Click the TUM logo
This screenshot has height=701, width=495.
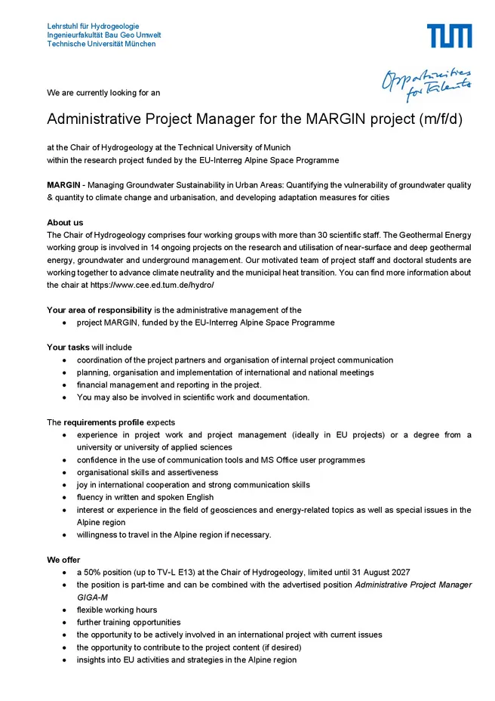coord(449,36)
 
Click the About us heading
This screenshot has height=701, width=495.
coord(65,223)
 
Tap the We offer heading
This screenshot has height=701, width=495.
coord(63,560)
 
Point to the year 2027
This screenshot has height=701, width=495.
coord(398,573)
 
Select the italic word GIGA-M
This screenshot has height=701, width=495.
coord(90,598)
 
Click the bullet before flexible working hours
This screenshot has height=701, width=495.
coord(66,610)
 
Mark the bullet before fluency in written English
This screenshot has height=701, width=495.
coord(66,497)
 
